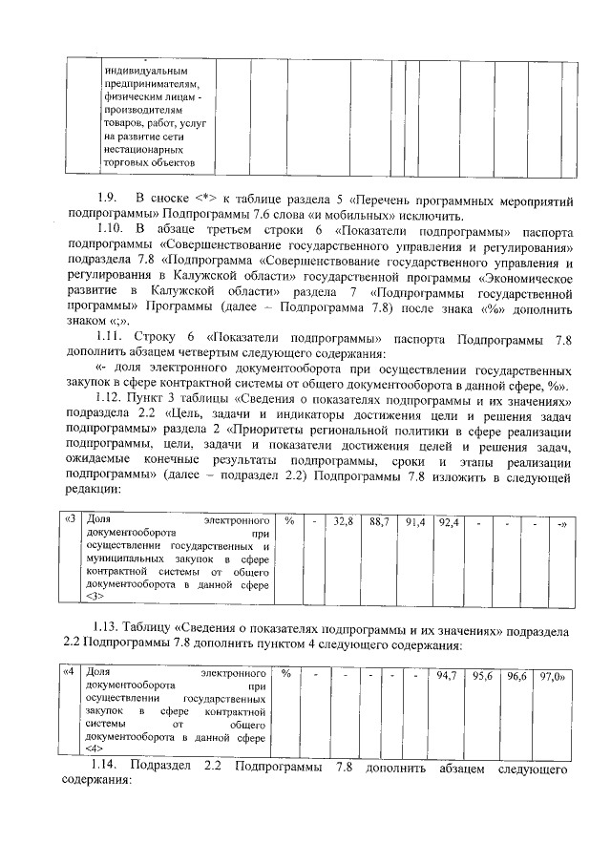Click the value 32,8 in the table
pos(345,522)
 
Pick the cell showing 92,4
pos(449,522)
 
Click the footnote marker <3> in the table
pos(95,597)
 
